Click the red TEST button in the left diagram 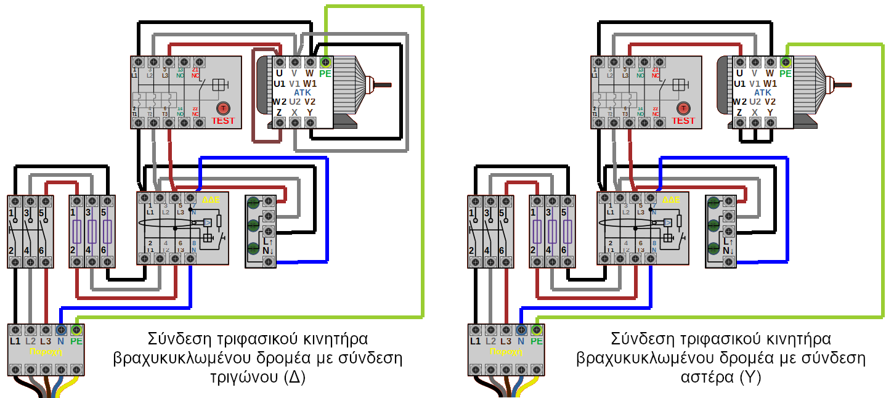click(x=222, y=109)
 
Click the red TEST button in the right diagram click(x=683, y=109)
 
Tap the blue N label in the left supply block click(x=61, y=341)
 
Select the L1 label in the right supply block click(x=475, y=341)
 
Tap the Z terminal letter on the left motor click(x=279, y=112)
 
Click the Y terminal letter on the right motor click(x=770, y=112)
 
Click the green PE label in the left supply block click(x=76, y=341)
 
